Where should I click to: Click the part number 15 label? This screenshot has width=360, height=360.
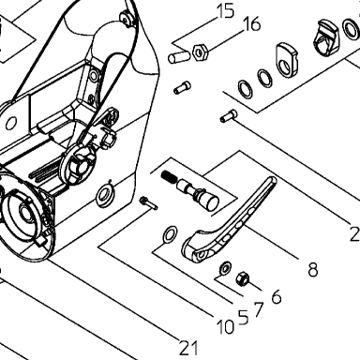point(226,11)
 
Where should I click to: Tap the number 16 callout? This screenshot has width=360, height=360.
point(251,24)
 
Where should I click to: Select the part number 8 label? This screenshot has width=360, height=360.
point(313,269)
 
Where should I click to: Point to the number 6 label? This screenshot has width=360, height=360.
point(277,296)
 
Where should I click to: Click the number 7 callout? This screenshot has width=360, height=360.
point(258,310)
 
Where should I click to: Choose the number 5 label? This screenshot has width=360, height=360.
point(244,317)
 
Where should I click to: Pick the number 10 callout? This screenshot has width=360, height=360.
point(226,327)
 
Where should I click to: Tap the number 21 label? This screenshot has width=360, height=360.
point(188,348)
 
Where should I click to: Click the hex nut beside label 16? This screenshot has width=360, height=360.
point(200,52)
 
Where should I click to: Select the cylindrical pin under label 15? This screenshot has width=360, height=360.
point(179,57)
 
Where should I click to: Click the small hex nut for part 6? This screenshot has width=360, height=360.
point(242,277)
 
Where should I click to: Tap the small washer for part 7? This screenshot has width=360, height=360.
point(225,267)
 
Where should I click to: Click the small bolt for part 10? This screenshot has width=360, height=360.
point(148,203)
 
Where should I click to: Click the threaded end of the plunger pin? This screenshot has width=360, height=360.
point(169,176)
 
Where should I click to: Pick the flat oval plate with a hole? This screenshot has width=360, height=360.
point(286,59)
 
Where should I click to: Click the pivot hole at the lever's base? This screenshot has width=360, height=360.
point(202,254)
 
